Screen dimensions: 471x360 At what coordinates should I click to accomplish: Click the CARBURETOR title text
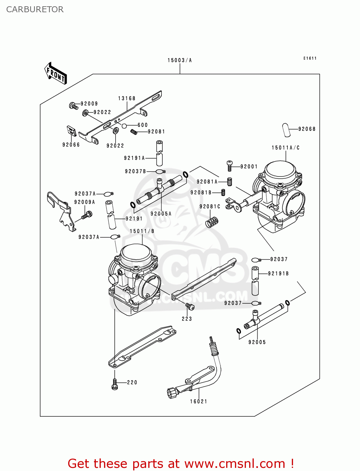(x=35, y=9)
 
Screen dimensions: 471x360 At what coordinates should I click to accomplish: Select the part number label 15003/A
(x=179, y=60)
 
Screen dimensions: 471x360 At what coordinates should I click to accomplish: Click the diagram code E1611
(x=310, y=58)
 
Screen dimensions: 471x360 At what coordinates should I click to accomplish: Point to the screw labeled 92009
(x=74, y=106)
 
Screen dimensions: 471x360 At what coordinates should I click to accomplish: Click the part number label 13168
(x=127, y=98)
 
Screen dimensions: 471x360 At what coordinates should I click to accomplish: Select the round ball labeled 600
(x=124, y=126)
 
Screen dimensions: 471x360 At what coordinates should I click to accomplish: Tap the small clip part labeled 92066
(x=72, y=131)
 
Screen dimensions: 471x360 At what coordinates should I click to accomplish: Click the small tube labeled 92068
(x=286, y=130)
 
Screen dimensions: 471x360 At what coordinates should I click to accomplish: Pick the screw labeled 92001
(x=229, y=166)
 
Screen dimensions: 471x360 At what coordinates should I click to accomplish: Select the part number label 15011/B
(x=142, y=231)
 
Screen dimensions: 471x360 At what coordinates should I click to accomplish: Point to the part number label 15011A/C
(x=286, y=148)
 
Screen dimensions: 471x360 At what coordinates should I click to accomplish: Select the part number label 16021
(x=199, y=401)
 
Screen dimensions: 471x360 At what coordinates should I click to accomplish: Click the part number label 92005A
(x=161, y=214)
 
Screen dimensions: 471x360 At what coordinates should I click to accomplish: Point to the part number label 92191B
(x=278, y=273)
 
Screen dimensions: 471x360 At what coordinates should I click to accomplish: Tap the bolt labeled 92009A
(x=87, y=215)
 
